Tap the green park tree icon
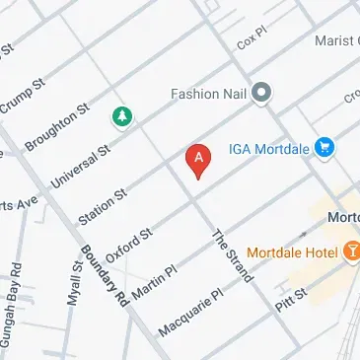click(x=122, y=117)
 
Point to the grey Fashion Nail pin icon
click(x=261, y=94)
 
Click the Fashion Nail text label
click(x=207, y=95)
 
